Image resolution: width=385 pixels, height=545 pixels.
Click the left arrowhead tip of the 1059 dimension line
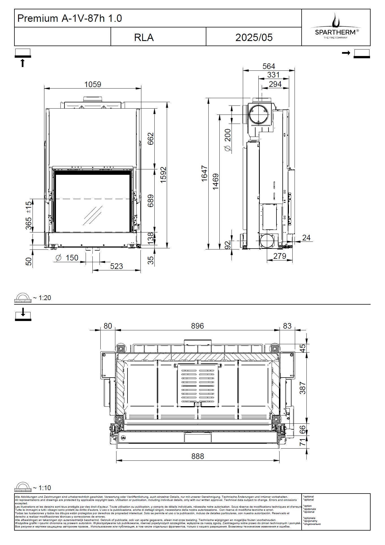point(44,89)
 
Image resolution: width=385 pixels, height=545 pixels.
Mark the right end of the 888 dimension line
point(280,460)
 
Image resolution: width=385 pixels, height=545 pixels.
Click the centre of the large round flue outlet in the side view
point(258,115)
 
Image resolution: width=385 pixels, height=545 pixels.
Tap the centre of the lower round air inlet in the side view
point(267,241)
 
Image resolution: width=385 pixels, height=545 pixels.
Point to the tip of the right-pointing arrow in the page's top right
point(351,53)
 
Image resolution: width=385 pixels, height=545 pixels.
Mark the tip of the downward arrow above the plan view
point(23,316)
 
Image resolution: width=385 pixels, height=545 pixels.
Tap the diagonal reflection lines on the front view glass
point(92,216)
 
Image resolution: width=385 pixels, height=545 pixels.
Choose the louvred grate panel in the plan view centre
point(198,385)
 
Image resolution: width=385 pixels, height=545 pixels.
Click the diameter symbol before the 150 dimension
point(59,258)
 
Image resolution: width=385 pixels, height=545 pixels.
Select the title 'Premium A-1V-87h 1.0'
point(70,18)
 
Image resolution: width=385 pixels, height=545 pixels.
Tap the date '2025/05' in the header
point(254,38)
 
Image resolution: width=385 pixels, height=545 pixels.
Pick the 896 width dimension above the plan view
point(197,326)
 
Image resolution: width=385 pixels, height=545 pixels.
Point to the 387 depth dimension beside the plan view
point(302,388)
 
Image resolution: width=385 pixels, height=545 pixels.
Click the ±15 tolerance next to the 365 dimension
point(29,207)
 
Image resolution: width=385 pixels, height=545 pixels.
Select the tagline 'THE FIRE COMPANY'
point(336,38)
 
